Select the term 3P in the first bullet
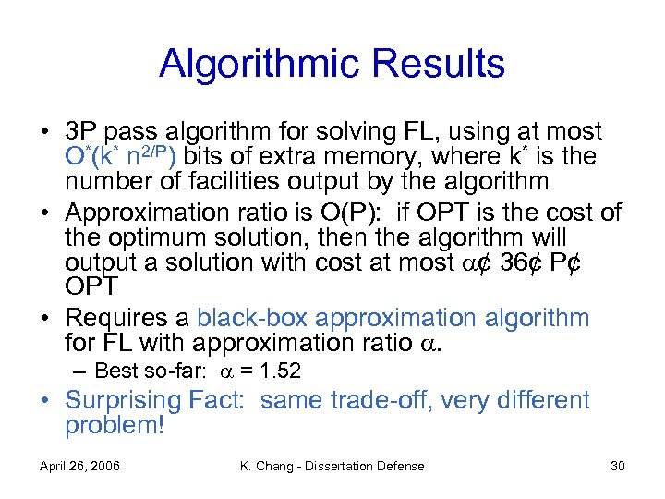tap(81, 132)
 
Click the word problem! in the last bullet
tap(114, 426)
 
